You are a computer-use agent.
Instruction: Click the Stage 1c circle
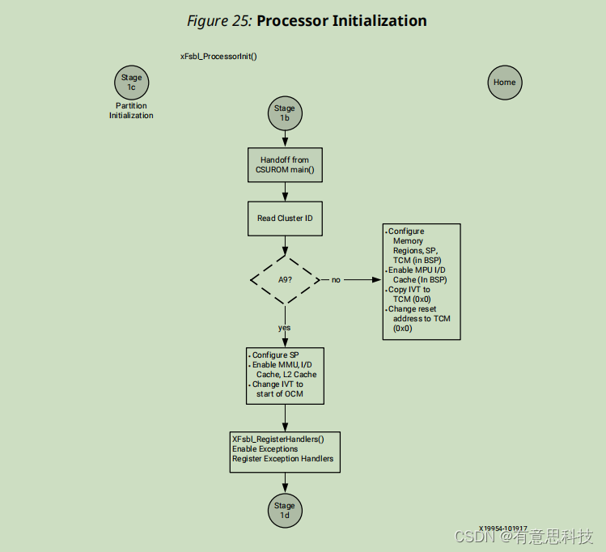point(131,82)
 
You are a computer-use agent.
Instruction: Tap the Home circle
point(504,83)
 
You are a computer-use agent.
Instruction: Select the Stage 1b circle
point(284,113)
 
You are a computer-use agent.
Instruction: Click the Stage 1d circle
point(284,511)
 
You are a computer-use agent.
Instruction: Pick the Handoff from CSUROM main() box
point(284,165)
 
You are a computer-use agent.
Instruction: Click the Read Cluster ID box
point(284,219)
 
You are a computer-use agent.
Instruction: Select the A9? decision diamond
point(284,279)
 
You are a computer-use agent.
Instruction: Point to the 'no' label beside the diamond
point(336,280)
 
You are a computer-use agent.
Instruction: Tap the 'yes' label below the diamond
point(284,328)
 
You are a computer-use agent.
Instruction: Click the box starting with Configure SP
point(284,376)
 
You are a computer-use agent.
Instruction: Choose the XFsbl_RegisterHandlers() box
point(284,448)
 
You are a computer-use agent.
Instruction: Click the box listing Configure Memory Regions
point(421,281)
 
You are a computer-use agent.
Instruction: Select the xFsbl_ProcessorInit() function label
point(218,57)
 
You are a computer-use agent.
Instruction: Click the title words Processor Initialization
point(341,21)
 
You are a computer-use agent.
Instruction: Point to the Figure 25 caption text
point(219,21)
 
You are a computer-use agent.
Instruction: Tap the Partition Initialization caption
point(131,110)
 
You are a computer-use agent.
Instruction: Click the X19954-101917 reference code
point(502,528)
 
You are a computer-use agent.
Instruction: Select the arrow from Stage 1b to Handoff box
point(284,138)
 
